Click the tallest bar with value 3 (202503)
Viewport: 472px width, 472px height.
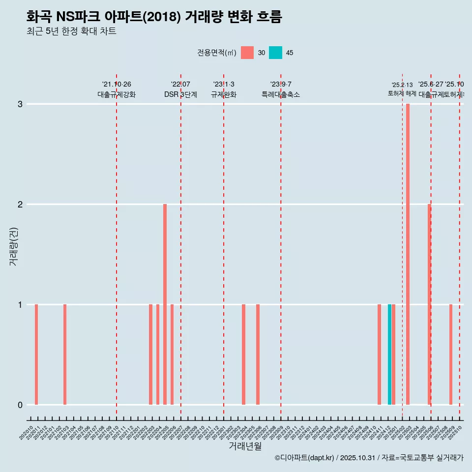tap(408, 254)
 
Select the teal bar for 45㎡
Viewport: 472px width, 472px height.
tap(389, 354)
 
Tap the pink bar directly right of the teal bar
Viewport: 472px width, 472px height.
tap(394, 354)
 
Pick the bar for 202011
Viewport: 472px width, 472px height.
tap(36, 354)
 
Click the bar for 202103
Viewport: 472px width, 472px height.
tap(65, 354)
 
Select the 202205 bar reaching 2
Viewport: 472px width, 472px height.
tap(165, 304)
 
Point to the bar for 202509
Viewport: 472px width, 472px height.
tap(450, 354)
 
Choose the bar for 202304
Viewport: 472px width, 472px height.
tap(243, 354)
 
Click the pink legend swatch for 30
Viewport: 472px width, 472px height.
tap(247, 53)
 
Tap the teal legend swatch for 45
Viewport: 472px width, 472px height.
tap(275, 53)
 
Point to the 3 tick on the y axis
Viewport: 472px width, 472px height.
tap(20, 104)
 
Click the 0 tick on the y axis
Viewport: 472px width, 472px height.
tap(20, 405)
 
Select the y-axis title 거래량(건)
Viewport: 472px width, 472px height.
tap(14, 246)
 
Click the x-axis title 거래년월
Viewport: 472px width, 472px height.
tap(245, 446)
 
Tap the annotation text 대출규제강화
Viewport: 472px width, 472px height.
tap(117, 94)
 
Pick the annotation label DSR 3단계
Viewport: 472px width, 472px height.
tap(181, 94)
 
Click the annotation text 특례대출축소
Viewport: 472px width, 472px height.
tap(281, 94)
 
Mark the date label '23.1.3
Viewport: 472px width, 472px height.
tap(224, 84)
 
